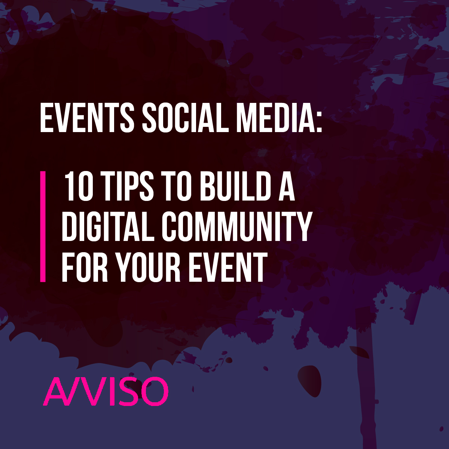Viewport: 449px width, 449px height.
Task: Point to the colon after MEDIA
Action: (318, 120)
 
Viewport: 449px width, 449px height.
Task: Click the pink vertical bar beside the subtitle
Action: (43, 226)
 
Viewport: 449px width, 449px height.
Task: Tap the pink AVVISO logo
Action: (106, 391)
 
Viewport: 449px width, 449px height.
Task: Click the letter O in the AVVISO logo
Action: (154, 391)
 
